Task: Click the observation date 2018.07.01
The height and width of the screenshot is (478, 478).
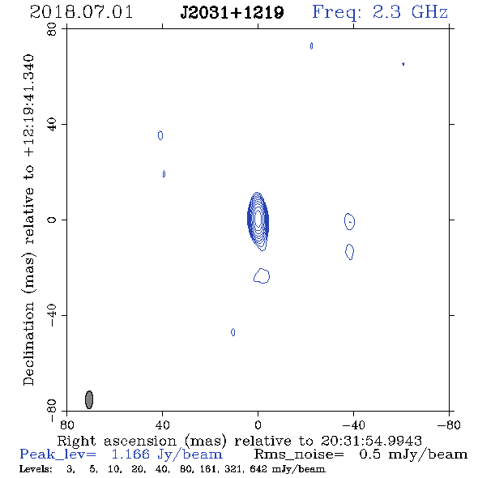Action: (x=81, y=12)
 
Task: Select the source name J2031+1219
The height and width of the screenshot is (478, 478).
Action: (x=232, y=13)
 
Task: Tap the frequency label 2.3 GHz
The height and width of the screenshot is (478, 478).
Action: (x=410, y=12)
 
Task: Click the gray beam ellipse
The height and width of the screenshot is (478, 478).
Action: (x=88, y=399)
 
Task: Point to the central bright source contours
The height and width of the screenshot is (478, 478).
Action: (x=258, y=220)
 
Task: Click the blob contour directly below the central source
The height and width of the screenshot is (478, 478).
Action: (x=262, y=276)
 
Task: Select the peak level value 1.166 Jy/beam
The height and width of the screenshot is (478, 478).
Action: (x=167, y=455)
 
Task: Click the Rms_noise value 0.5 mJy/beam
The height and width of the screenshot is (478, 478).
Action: (x=413, y=455)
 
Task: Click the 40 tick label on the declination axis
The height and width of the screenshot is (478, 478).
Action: (x=52, y=125)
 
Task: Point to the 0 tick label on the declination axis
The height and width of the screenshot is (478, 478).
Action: (x=52, y=220)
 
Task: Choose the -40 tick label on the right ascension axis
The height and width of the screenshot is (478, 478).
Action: (x=353, y=425)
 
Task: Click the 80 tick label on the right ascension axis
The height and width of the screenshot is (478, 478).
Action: (x=66, y=425)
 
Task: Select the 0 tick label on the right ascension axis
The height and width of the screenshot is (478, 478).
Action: (x=258, y=425)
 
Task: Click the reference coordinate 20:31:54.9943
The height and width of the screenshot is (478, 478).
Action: (x=371, y=441)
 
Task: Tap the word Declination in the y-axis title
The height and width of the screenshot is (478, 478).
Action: (x=28, y=344)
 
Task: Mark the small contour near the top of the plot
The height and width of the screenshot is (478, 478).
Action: (x=311, y=45)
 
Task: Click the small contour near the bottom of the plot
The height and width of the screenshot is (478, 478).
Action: (x=233, y=332)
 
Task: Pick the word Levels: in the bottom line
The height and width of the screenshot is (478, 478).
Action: (x=36, y=469)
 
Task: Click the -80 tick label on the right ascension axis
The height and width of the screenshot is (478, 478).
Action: (x=449, y=425)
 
